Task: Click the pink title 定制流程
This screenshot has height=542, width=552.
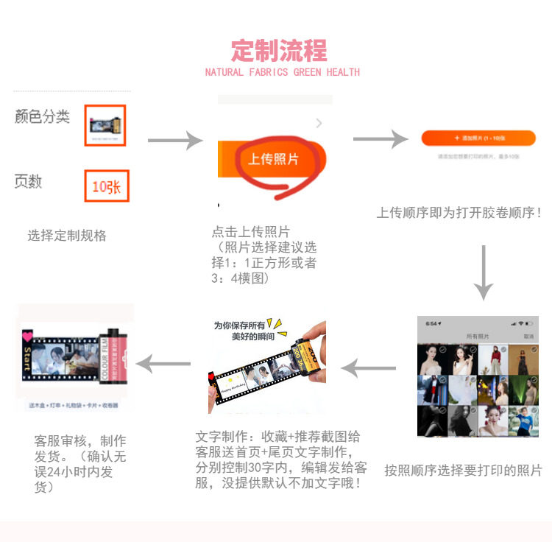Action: pyautogui.click(x=279, y=50)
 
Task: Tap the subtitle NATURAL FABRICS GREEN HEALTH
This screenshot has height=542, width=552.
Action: pyautogui.click(x=282, y=72)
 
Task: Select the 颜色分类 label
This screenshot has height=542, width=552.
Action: pyautogui.click(x=43, y=116)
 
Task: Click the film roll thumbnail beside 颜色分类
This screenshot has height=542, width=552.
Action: pyautogui.click(x=105, y=125)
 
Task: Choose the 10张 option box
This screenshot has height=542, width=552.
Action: pyautogui.click(x=106, y=186)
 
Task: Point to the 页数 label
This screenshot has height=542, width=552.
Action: pyautogui.click(x=28, y=182)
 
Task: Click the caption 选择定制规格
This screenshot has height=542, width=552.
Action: pyautogui.click(x=67, y=236)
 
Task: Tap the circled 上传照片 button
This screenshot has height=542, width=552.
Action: pyautogui.click(x=273, y=159)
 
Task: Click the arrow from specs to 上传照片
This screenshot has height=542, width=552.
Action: pyautogui.click(x=174, y=140)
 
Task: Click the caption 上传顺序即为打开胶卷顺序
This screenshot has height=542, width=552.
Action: pyautogui.click(x=459, y=213)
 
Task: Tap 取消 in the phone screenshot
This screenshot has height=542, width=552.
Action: pyautogui.click(x=528, y=336)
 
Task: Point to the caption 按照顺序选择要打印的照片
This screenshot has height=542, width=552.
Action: pyautogui.click(x=463, y=470)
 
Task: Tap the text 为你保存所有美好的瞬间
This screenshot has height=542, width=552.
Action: pyautogui.click(x=241, y=330)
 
